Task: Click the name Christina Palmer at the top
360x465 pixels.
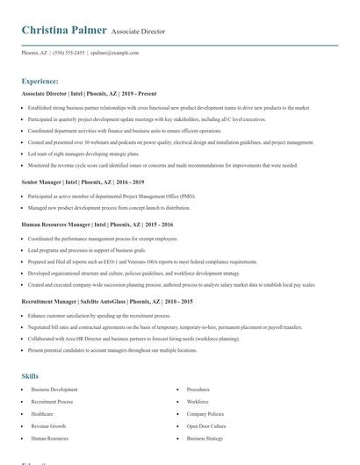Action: pos(63,31)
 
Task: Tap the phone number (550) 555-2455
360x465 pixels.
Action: pos(68,53)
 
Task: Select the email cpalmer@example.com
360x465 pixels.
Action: pos(115,53)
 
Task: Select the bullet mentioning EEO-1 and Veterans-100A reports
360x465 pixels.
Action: pos(142,261)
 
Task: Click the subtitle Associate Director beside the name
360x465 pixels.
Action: pos(138,32)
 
